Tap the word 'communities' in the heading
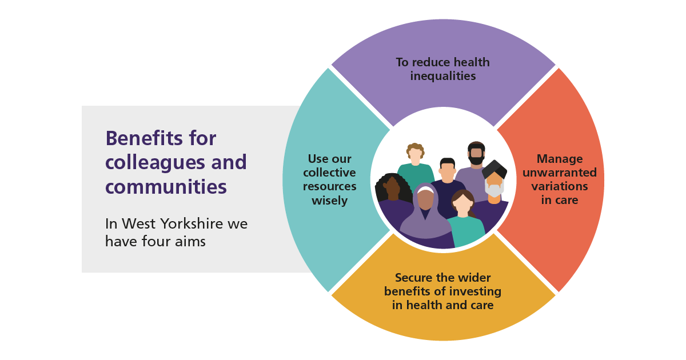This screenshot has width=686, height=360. tap(166, 187)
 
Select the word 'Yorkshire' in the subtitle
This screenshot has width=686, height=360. tap(192, 223)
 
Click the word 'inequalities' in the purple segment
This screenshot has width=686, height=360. tap(443, 76)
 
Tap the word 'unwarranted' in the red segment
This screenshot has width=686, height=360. tap(560, 173)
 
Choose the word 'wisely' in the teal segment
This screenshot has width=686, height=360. tap(329, 201)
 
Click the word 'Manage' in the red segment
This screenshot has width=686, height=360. tap(560, 159)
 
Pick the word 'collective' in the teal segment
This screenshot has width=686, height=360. tap(329, 173)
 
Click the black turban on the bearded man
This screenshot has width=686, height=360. tap(494, 169)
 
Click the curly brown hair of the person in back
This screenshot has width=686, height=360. tap(415, 149)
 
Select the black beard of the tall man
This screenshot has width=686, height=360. tap(476, 160)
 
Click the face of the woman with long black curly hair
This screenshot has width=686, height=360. tap(393, 188)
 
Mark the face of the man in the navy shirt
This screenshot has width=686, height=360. tap(447, 172)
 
